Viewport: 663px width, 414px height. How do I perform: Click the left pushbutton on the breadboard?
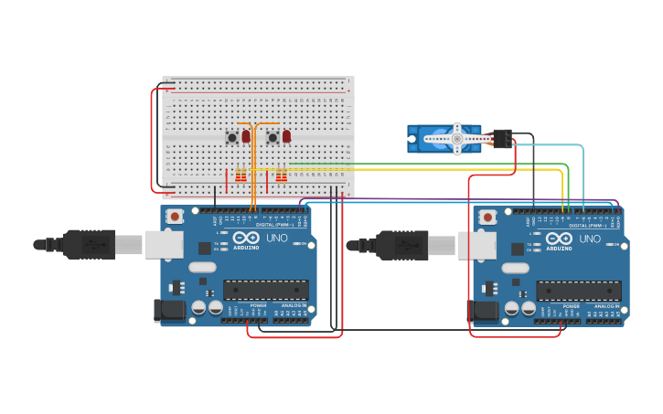pos(232,138)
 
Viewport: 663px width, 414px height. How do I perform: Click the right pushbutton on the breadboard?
pos(273,138)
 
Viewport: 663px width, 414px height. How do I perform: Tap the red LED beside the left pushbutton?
pos(246,136)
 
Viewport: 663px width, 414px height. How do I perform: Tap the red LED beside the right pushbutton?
pos(286,136)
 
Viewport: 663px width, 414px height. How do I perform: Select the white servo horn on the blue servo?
pos(456,139)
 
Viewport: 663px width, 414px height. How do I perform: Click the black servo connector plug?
pos(501,138)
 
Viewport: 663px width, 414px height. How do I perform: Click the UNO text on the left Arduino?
pos(278,239)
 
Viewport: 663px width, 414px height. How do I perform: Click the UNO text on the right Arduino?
pos(591,239)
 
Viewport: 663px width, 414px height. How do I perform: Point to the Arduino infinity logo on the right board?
pos(560,239)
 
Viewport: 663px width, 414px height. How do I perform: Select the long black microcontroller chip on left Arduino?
pos(265,290)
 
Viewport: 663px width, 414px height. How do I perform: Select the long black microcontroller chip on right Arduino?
pos(578,291)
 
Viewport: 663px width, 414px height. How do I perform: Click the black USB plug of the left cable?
pos(89,245)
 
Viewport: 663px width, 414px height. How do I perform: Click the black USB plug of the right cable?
pos(401,245)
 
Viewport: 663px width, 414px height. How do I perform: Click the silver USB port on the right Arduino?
pos(476,244)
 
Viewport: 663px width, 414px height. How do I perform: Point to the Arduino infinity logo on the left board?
pos(247,239)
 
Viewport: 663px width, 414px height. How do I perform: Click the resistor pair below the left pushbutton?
pos(241,175)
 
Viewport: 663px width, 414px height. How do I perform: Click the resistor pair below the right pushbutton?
pos(281,175)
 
